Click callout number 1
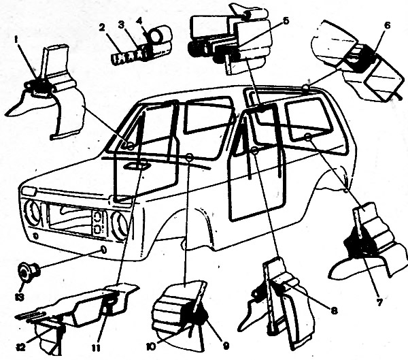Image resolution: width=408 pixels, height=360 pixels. coord(16,40)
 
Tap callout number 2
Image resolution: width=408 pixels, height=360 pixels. coord(102,28)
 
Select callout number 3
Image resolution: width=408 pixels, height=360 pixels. coord(121,25)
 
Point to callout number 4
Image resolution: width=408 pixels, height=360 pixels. coord(140,21)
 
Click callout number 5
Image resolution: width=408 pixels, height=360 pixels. coord(286,21)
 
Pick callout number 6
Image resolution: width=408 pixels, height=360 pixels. coord(387,26)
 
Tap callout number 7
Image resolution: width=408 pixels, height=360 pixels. coord(379,302)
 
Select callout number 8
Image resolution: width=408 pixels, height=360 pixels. coord(334,310)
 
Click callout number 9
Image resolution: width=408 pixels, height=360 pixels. coord(226,346)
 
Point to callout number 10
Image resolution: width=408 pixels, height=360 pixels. coord(151,346)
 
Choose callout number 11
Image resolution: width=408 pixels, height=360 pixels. coord(96,348)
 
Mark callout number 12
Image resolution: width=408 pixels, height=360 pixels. coord(20,348)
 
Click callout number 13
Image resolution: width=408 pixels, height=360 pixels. coord(20,297)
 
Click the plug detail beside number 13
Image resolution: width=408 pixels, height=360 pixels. coord(28,272)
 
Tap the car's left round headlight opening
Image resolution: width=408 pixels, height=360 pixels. coord(32,212)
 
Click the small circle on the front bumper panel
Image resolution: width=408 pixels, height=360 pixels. coord(103,250)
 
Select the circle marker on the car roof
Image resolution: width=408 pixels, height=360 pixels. coord(307,87)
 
